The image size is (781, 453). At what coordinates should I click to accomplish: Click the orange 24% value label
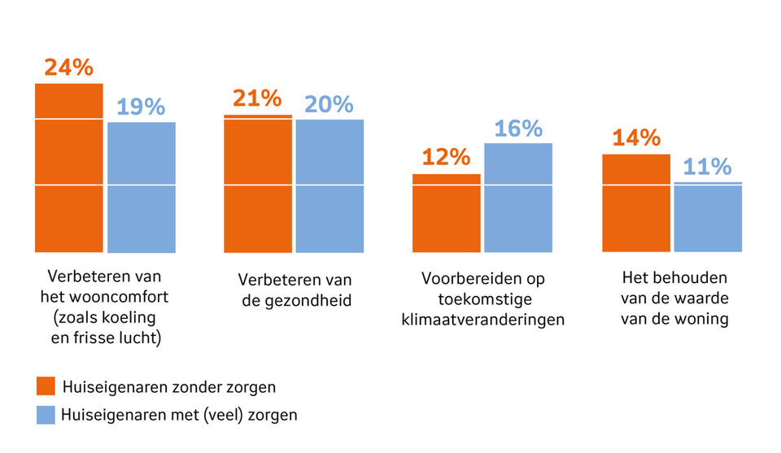68,67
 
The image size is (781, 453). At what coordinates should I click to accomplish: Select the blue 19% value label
141,107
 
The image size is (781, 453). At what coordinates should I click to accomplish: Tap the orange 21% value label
257,98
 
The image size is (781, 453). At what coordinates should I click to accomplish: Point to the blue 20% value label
329,104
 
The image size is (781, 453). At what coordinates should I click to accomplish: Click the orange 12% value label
446,156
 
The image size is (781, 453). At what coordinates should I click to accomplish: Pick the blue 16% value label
517,128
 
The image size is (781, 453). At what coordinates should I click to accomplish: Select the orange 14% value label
635,137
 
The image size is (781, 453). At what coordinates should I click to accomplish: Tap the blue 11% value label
707,167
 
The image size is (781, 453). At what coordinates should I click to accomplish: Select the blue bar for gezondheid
329,186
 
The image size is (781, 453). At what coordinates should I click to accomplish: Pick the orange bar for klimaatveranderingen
447,213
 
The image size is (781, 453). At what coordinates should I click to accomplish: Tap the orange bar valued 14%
636,203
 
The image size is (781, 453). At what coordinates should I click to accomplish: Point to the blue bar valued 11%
708,217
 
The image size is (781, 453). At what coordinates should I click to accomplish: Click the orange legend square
46,385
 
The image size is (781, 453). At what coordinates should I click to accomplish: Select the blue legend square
46,415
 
